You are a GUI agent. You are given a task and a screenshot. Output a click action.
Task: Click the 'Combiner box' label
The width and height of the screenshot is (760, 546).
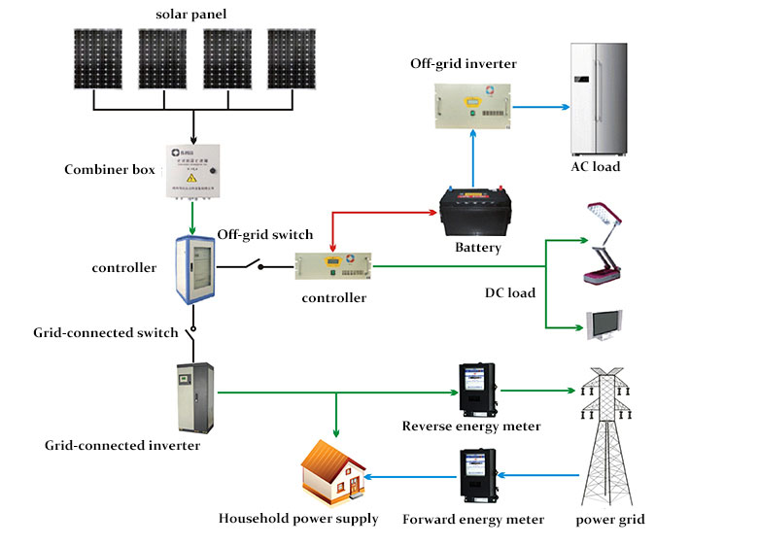tap(110, 170)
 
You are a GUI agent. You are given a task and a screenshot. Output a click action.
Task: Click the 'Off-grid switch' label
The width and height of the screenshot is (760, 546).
tap(264, 234)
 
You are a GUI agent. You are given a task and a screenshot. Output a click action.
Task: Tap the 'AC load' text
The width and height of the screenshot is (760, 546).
tap(595, 167)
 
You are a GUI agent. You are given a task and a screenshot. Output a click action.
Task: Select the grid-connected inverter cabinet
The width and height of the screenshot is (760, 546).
tap(195, 397)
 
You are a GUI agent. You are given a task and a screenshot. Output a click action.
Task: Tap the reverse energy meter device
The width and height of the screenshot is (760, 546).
tap(478, 391)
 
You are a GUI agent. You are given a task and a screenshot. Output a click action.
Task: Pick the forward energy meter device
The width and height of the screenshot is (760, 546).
tap(478, 476)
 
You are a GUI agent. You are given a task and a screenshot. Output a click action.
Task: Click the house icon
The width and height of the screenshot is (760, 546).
tap(331, 474)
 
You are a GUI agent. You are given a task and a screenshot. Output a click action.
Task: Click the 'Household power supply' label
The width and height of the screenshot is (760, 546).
tap(298, 518)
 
